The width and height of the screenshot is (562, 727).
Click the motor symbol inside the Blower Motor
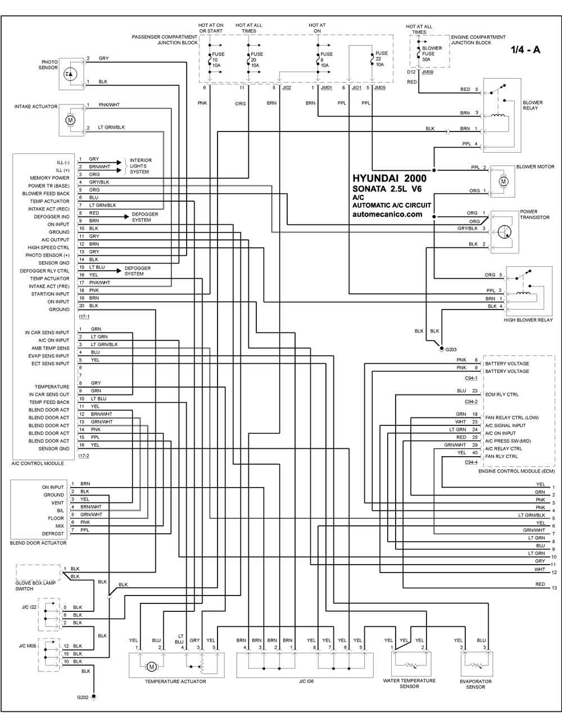(x=504, y=181)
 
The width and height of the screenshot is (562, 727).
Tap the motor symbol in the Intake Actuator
(x=70, y=120)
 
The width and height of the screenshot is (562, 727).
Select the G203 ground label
(x=451, y=349)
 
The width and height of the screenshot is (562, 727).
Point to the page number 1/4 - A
(x=525, y=49)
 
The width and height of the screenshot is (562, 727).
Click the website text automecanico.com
(x=387, y=214)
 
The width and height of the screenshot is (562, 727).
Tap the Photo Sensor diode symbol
(x=70, y=74)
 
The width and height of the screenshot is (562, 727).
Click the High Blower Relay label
(x=528, y=320)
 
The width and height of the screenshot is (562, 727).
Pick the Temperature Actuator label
(x=175, y=681)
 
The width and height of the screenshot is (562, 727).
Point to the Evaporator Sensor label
(x=475, y=684)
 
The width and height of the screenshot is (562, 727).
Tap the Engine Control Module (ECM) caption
(x=516, y=471)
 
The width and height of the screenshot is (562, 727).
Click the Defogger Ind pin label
(x=52, y=217)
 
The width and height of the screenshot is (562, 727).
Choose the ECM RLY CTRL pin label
(x=502, y=394)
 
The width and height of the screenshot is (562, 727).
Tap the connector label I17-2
(x=84, y=456)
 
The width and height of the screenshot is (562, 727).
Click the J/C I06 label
(x=306, y=681)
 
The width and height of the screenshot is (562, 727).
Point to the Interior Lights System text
(x=140, y=166)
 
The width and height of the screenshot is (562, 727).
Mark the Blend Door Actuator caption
(x=38, y=543)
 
